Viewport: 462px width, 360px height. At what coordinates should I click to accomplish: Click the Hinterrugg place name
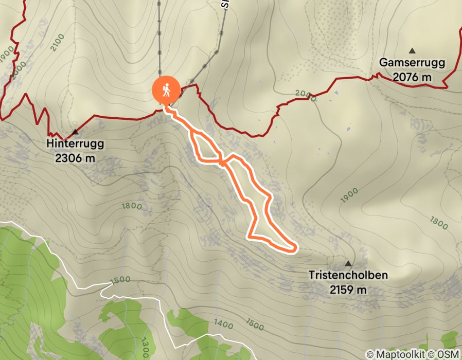pyautogui.click(x=75, y=143)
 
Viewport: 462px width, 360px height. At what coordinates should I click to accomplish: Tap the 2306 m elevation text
pyautogui.click(x=75, y=158)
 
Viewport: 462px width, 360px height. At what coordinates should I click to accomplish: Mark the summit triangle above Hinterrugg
pyautogui.click(x=75, y=132)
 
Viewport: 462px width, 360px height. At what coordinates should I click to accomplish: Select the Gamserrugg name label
pyautogui.click(x=412, y=63)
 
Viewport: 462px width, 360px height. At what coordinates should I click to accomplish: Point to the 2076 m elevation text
pyautogui.click(x=412, y=77)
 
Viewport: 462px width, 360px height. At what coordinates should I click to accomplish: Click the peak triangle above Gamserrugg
pyautogui.click(x=412, y=50)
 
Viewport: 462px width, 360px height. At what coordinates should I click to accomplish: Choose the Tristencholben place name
pyautogui.click(x=348, y=275)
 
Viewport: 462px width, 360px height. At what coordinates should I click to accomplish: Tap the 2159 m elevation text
pyautogui.click(x=348, y=290)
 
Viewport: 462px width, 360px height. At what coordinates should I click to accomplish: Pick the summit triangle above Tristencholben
pyautogui.click(x=348, y=263)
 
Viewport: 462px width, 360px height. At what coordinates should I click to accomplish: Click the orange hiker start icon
pyautogui.click(x=166, y=91)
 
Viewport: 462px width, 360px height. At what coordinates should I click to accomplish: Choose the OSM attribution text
pyautogui.click(x=449, y=354)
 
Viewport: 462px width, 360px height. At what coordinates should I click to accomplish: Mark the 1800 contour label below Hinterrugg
pyautogui.click(x=131, y=206)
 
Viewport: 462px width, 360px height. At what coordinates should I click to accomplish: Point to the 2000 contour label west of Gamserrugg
pyautogui.click(x=304, y=94)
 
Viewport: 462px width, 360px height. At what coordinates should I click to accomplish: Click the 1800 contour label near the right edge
pyautogui.click(x=439, y=222)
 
